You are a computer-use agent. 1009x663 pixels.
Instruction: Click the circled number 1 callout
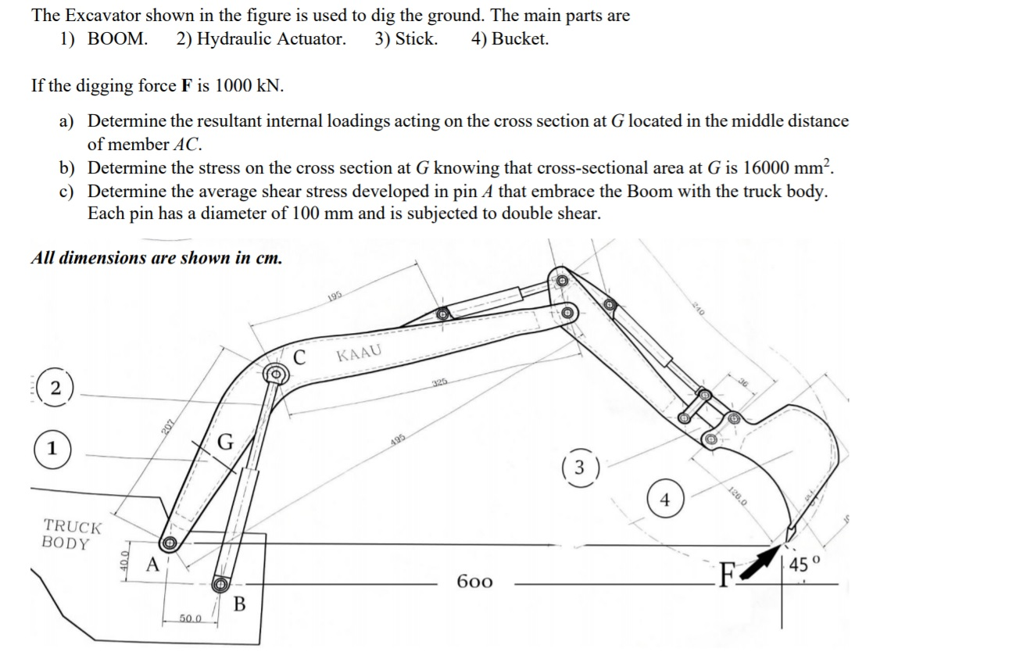click(x=51, y=450)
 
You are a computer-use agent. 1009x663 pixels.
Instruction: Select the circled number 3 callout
click(x=579, y=468)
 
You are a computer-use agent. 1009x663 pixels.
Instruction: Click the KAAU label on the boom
click(x=360, y=354)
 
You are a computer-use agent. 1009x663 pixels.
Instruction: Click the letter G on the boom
click(x=225, y=443)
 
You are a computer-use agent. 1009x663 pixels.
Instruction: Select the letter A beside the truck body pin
click(x=154, y=564)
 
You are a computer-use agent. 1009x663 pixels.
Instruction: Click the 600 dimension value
click(x=474, y=582)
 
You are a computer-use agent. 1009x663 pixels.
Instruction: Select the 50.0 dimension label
click(x=191, y=618)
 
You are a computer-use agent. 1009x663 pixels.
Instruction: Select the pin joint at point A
click(x=168, y=543)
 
